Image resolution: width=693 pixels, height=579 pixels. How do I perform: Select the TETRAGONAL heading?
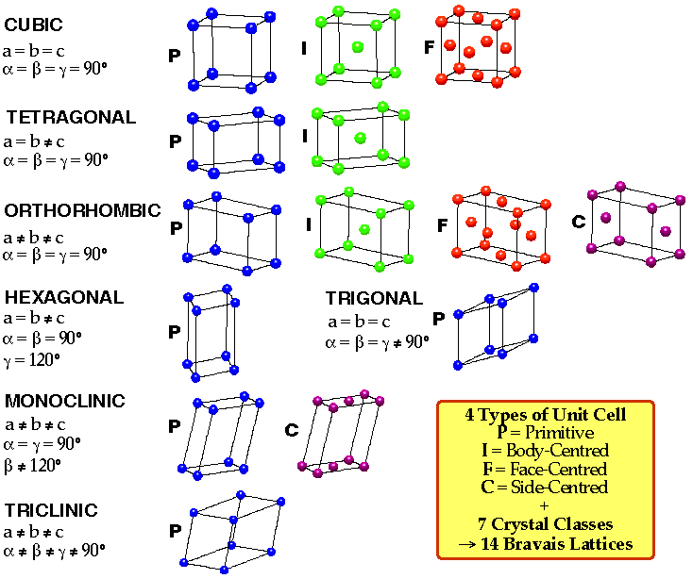(x=71, y=118)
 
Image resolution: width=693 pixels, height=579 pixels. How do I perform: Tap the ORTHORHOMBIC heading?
(x=83, y=210)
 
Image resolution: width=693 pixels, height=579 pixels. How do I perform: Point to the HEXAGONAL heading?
(x=64, y=298)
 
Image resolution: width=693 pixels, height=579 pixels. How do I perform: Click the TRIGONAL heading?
(x=374, y=299)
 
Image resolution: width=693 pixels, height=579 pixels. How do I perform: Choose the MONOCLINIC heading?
(x=65, y=402)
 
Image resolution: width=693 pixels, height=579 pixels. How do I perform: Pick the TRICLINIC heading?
(x=52, y=511)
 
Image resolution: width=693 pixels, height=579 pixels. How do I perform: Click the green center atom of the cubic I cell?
(x=358, y=46)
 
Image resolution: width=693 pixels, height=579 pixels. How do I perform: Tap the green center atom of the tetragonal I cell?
(x=360, y=139)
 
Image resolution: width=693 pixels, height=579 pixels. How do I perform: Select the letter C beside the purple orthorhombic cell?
(x=579, y=222)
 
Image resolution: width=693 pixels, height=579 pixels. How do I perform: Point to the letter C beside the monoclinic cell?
(x=292, y=430)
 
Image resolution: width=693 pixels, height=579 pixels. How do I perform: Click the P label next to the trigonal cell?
(x=438, y=319)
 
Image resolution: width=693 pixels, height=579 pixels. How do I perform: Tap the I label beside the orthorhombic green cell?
(x=309, y=225)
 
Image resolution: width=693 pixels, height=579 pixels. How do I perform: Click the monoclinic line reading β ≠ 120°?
(x=33, y=464)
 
